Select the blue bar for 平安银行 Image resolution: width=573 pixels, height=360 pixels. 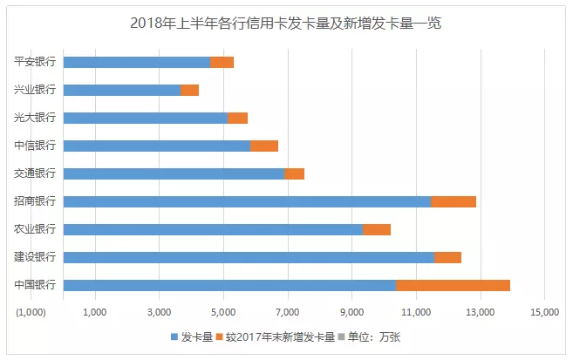click(x=137, y=62)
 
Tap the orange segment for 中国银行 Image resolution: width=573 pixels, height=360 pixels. click(x=453, y=285)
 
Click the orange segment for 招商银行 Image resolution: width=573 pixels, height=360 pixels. click(x=454, y=201)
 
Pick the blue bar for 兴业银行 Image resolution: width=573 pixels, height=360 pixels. click(x=122, y=90)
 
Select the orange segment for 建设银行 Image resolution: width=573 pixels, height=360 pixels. click(x=447, y=257)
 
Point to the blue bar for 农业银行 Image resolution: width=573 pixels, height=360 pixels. click(x=213, y=229)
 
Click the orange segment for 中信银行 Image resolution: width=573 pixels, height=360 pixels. click(x=264, y=146)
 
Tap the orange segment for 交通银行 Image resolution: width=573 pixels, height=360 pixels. click(x=295, y=173)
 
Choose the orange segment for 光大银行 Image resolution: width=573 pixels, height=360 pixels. click(x=237, y=118)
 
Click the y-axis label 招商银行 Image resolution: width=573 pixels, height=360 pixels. click(x=35, y=201)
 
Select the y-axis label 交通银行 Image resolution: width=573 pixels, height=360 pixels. click(x=35, y=173)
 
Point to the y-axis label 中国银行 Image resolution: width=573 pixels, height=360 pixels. click(x=35, y=285)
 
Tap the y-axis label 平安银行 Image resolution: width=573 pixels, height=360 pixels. click(x=35, y=62)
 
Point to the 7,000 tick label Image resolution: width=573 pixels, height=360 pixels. click(x=288, y=311)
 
